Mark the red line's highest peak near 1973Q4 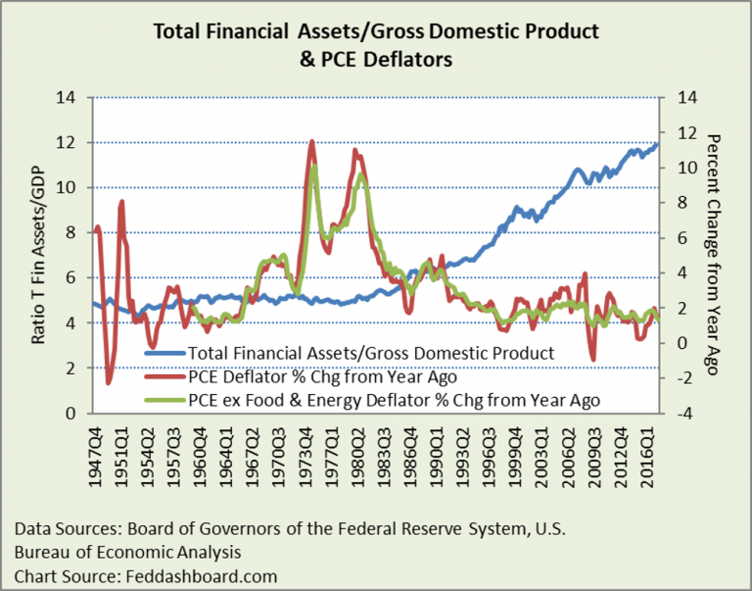pyautogui.click(x=311, y=141)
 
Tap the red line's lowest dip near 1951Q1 pyautogui.click(x=109, y=383)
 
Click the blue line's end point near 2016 pyautogui.click(x=658, y=143)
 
